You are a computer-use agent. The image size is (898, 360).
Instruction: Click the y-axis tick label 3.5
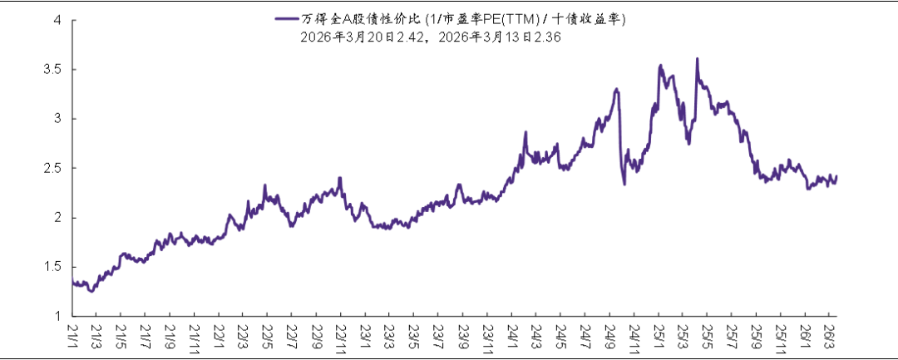(53, 70)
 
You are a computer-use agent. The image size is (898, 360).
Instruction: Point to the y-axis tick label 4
(58, 20)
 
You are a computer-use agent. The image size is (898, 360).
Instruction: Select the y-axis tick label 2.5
(53, 169)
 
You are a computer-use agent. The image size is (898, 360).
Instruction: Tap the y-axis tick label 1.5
(53, 267)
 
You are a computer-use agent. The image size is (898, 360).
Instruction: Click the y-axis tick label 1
(58, 316)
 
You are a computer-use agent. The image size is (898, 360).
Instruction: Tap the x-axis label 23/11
(490, 337)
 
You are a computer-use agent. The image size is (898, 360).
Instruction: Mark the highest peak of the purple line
(697, 58)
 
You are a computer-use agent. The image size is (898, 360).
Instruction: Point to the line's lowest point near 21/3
(91, 292)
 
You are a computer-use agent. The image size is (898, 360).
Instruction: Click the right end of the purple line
(836, 176)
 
